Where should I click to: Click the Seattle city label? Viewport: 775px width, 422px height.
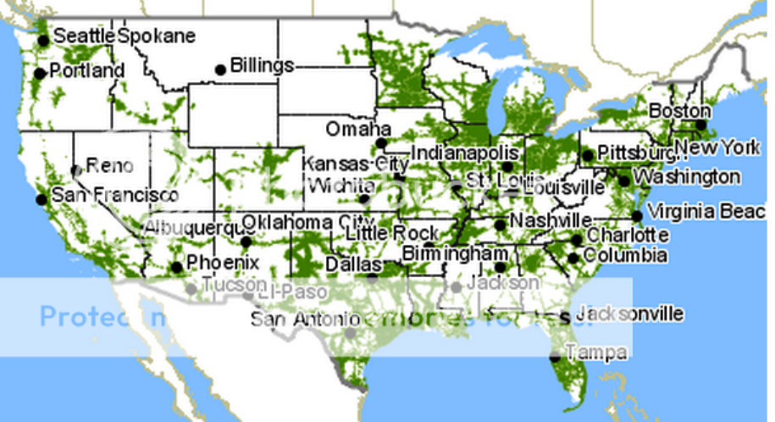83,36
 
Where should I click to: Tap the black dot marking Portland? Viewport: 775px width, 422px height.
39,74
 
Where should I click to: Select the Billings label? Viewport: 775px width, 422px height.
262,65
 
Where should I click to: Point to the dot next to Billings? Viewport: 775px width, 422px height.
221,69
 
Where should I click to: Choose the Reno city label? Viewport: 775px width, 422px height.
109,165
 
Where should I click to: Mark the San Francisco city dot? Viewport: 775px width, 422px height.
41,199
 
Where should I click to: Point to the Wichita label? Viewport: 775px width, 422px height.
340,186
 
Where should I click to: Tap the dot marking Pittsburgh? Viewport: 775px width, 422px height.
587,155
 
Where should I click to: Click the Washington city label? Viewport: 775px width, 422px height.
686,177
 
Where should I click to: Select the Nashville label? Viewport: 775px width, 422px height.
544,220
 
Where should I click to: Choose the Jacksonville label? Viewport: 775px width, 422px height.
628,314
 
